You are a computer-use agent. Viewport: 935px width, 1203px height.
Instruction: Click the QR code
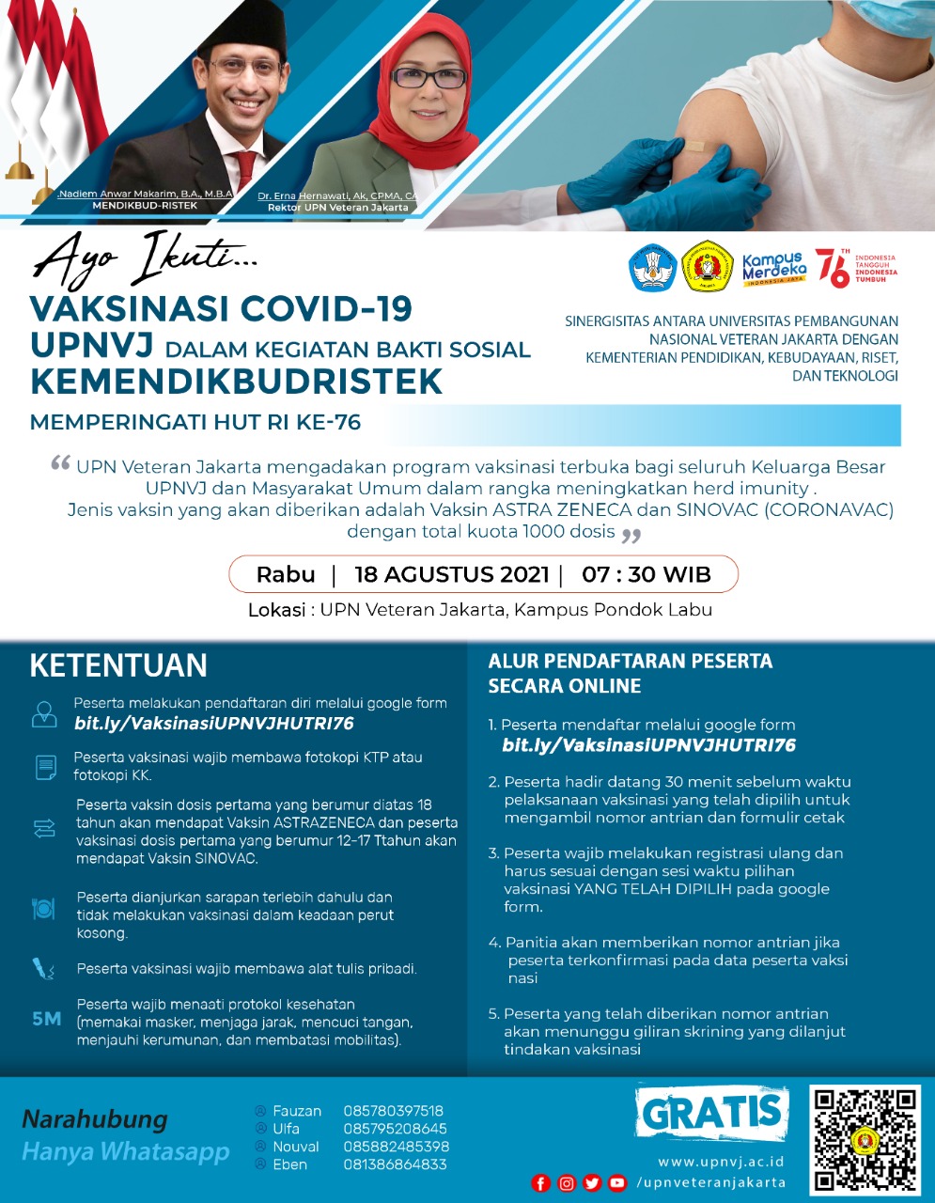click(x=865, y=1139)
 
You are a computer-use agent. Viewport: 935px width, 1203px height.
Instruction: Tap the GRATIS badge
click(x=712, y=1113)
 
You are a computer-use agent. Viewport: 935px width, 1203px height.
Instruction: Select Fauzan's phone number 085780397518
click(x=394, y=1111)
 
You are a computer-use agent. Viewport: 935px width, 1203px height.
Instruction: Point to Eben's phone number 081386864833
click(x=395, y=1164)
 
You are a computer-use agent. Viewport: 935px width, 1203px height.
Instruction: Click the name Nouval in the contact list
click(x=296, y=1147)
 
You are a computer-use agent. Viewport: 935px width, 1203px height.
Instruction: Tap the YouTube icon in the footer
click(x=617, y=1183)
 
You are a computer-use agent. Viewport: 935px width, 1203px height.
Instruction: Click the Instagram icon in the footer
click(x=567, y=1183)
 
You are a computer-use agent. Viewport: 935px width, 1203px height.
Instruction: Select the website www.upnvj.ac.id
click(x=721, y=1162)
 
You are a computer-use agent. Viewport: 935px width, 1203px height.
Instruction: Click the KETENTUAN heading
click(x=118, y=665)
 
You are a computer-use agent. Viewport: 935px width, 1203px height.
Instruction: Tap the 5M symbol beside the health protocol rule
click(x=46, y=1018)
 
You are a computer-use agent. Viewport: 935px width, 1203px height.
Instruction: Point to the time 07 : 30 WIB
click(x=647, y=574)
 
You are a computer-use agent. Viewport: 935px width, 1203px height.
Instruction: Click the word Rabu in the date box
click(x=286, y=574)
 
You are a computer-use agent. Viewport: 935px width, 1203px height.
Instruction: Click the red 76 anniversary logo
click(x=833, y=268)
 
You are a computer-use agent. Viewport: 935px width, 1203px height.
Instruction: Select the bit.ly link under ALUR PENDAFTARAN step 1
click(x=648, y=745)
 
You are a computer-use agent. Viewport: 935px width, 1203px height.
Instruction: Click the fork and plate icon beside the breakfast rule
click(x=44, y=908)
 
